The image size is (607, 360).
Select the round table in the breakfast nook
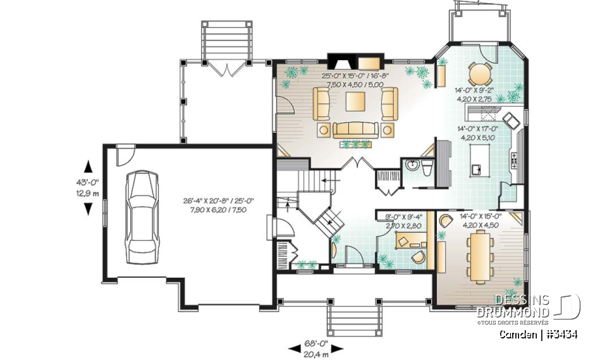[x=479, y=74]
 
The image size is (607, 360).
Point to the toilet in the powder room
[x=427, y=167]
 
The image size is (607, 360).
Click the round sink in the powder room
[x=412, y=166]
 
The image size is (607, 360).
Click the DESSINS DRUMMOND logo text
[x=513, y=305]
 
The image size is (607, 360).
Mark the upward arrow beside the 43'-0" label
[x=87, y=166]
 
